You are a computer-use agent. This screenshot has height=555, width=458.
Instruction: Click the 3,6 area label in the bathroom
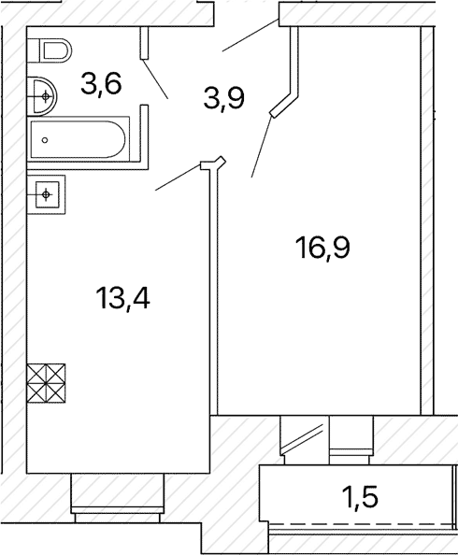click(101, 84)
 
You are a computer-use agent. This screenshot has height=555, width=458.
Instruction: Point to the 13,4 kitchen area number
click(122, 298)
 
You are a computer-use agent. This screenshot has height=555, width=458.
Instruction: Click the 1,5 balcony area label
click(360, 497)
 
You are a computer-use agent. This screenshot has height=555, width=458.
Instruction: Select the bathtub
click(79, 139)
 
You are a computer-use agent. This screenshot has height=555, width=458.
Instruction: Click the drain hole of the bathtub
click(45, 140)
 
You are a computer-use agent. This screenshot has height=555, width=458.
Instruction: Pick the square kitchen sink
click(46, 194)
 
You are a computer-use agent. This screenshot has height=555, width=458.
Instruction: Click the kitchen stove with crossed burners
click(46, 383)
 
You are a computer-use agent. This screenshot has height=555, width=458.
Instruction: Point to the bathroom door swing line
click(155, 78)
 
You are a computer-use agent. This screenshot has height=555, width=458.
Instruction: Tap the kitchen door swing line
click(178, 178)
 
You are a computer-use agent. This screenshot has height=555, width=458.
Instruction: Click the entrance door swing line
click(250, 36)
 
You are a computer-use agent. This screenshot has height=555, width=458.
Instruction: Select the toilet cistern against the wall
click(33, 51)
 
